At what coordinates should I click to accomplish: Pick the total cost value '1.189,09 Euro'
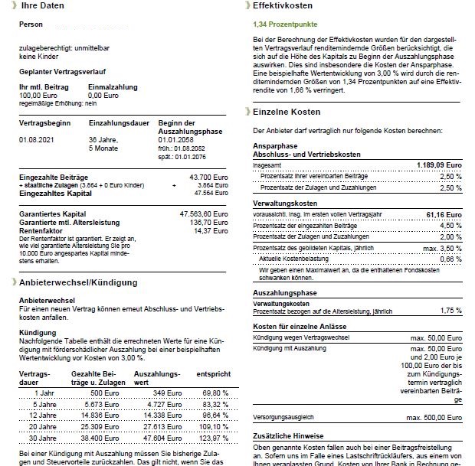pyautogui.click(x=439, y=165)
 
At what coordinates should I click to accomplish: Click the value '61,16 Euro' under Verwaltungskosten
pyautogui.click(x=445, y=217)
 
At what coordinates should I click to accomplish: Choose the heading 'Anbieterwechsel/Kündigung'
pyautogui.click(x=80, y=282)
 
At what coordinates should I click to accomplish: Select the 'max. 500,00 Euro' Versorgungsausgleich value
pyautogui.click(x=435, y=418)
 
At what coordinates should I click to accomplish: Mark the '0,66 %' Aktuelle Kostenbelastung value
pyautogui.click(x=451, y=259)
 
